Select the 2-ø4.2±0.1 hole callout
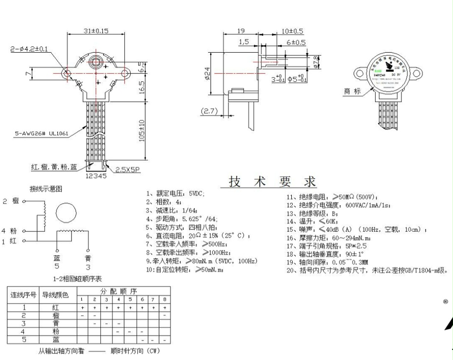[29, 49]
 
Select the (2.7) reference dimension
[210, 111]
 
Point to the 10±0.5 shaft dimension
[292, 31]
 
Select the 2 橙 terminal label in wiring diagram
[10, 200]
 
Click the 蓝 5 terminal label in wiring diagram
[57, 262]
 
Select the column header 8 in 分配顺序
[165, 299]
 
